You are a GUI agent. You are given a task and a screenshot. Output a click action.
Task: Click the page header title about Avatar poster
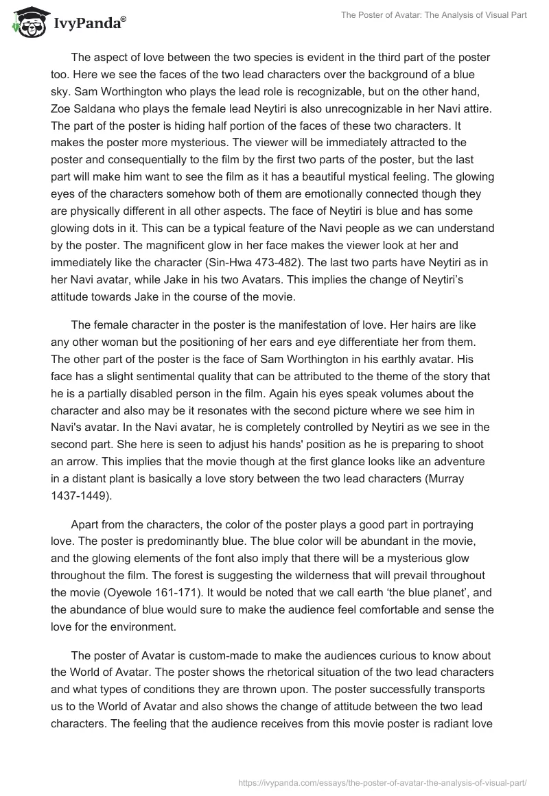[x=433, y=16]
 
